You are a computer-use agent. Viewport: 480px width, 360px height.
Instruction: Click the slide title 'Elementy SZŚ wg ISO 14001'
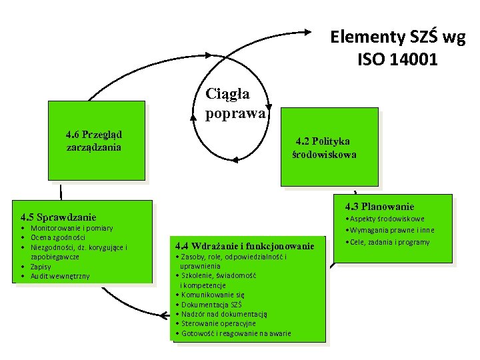pyautogui.click(x=397, y=48)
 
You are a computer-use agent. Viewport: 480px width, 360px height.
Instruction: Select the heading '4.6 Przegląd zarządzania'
pyautogui.click(x=93, y=141)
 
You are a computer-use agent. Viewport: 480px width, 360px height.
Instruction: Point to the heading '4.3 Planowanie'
pyautogui.click(x=379, y=207)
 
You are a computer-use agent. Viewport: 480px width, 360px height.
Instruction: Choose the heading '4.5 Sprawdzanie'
pyautogui.click(x=59, y=217)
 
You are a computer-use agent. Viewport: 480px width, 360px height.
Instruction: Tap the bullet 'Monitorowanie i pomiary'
pyautogui.click(x=72, y=228)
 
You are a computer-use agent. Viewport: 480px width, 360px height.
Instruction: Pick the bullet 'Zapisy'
pyautogui.click(x=43, y=266)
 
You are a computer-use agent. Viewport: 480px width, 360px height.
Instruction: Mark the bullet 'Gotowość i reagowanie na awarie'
pyautogui.click(x=235, y=333)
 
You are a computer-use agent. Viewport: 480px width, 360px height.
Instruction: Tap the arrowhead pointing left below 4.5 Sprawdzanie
pyautogui.click(x=164, y=313)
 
